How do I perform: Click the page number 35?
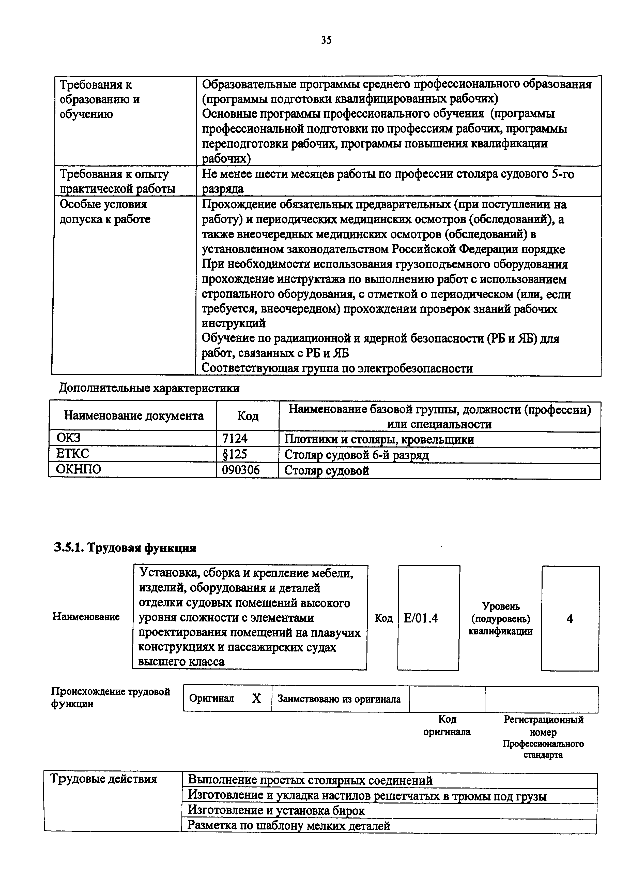click(x=326, y=40)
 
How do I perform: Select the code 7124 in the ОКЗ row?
click(x=235, y=439)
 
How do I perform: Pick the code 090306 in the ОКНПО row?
click(x=241, y=470)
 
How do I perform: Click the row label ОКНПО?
click(x=79, y=469)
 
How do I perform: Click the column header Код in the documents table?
click(x=248, y=416)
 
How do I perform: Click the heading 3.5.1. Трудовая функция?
click(x=125, y=548)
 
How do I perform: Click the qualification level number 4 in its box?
click(x=570, y=618)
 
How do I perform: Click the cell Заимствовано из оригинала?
click(x=339, y=699)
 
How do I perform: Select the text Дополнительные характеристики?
click(x=149, y=388)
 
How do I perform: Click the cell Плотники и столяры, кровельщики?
click(x=379, y=439)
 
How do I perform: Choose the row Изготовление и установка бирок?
click(x=276, y=811)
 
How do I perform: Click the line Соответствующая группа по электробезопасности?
click(x=337, y=368)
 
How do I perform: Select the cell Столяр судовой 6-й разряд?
click(x=356, y=455)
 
